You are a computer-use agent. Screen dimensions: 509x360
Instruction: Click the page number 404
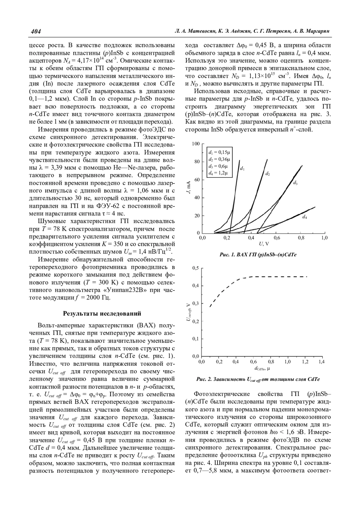[36, 31]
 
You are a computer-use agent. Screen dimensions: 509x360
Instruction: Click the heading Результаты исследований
[102, 314]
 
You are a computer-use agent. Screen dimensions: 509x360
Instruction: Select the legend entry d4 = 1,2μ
[218, 173]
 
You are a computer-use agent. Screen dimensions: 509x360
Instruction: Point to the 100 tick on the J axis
[196, 144]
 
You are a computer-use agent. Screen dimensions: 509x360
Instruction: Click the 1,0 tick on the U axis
[324, 238]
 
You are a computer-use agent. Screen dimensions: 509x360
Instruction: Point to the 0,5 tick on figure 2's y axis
[196, 268]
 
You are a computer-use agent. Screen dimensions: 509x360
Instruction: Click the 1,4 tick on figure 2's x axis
[321, 362]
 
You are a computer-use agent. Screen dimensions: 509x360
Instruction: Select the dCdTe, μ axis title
[262, 368]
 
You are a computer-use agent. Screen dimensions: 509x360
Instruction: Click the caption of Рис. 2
[258, 379]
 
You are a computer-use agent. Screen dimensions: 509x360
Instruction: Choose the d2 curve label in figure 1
[267, 174]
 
